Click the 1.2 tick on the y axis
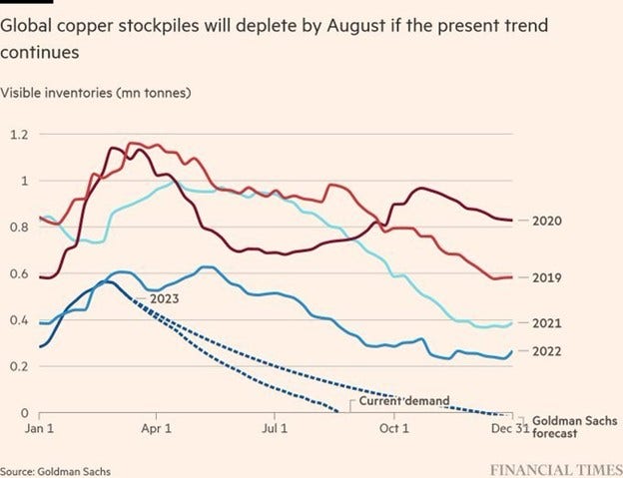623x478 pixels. pyautogui.click(x=19, y=134)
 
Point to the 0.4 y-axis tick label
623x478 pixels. pyautogui.click(x=19, y=319)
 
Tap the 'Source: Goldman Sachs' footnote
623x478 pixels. pyautogui.click(x=56, y=470)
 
